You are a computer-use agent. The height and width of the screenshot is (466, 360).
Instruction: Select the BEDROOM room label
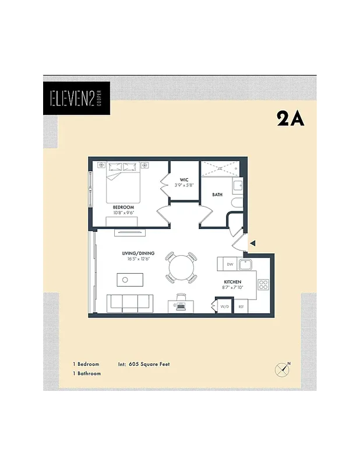(123, 207)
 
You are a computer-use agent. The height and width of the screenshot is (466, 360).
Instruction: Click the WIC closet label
(184, 179)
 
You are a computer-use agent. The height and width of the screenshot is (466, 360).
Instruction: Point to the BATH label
(217, 195)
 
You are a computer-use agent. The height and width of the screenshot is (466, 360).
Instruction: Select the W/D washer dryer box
(225, 306)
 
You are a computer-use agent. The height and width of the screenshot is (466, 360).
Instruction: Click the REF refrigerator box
(241, 306)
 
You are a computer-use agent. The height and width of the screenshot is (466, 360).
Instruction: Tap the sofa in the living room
(130, 302)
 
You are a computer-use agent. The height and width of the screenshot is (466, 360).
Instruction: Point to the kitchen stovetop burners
(263, 285)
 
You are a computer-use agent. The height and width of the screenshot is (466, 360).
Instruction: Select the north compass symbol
(282, 369)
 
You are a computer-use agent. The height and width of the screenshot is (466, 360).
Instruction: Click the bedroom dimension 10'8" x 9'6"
(123, 213)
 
